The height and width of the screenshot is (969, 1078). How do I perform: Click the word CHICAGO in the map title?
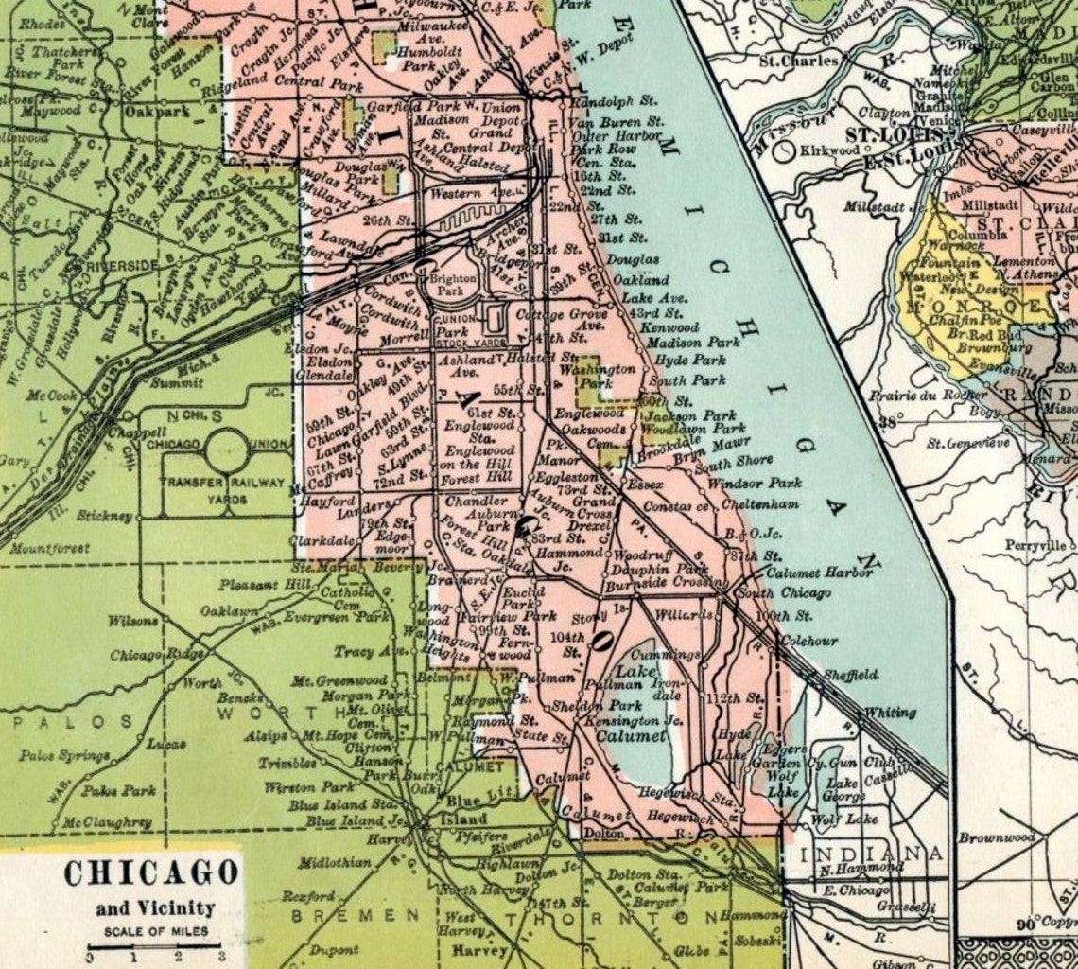click(x=151, y=872)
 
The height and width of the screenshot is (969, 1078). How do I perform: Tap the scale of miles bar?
click(x=154, y=945)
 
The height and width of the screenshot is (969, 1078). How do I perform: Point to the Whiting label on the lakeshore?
click(x=891, y=712)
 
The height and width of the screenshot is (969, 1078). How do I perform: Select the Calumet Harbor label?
click(x=820, y=572)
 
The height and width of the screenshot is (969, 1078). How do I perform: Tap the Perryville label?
click(x=1036, y=546)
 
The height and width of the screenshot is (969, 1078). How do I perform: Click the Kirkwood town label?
click(x=830, y=150)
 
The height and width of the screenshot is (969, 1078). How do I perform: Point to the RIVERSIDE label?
click(x=121, y=266)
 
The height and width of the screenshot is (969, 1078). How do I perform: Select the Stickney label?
click(x=106, y=517)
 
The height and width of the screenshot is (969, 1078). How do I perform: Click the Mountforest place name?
click(x=50, y=548)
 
